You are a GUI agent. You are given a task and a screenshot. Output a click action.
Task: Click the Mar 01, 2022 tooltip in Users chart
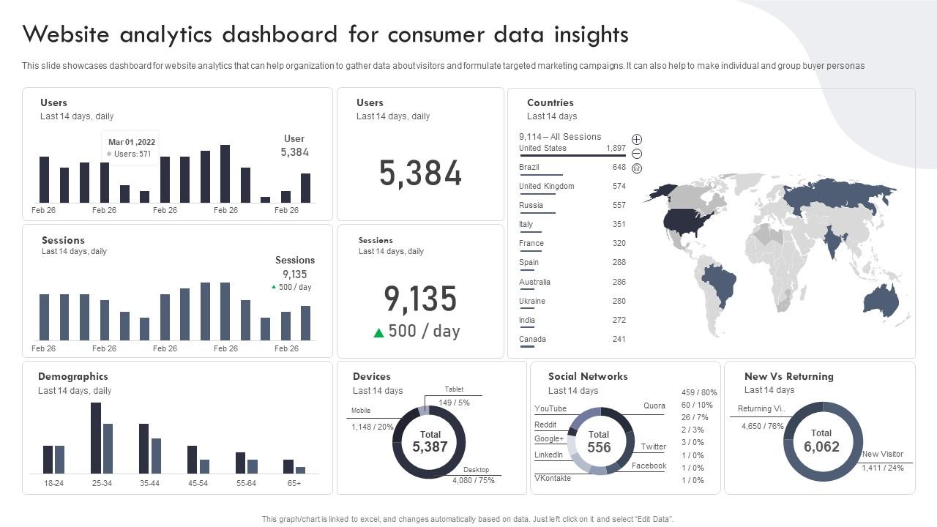[x=130, y=148]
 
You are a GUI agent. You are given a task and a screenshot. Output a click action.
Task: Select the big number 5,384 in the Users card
[x=420, y=174]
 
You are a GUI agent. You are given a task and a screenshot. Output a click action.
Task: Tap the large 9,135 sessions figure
[x=420, y=299]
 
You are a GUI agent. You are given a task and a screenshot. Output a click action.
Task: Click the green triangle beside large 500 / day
[x=378, y=332]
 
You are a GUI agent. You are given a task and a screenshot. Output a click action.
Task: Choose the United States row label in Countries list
[x=542, y=148]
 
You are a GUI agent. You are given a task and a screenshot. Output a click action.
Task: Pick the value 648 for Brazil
[x=619, y=167]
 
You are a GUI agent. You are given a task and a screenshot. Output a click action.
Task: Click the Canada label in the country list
[x=532, y=339]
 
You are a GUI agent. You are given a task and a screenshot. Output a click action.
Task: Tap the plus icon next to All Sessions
[x=637, y=139]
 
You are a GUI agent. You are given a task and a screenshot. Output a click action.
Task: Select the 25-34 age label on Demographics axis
[x=102, y=483]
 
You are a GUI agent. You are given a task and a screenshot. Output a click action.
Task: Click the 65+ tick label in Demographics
[x=294, y=483]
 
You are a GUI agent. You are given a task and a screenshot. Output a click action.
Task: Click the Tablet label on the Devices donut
[x=454, y=389]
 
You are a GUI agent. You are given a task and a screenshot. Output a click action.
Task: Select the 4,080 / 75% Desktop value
[x=473, y=480]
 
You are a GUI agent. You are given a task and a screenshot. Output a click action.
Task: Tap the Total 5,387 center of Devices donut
[x=430, y=441]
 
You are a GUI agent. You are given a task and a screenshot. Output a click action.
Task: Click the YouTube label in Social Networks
[x=550, y=408]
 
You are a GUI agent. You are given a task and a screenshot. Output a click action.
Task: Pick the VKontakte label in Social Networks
[x=553, y=478]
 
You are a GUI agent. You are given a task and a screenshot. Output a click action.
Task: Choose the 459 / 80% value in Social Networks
[x=698, y=392]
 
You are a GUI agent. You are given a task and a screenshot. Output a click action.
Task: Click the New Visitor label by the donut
[x=882, y=454]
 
